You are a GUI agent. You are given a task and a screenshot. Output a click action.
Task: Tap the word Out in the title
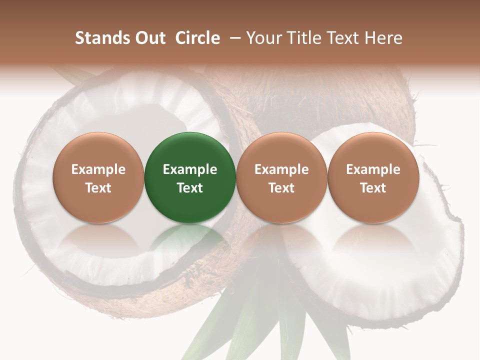pyautogui.click(x=149, y=38)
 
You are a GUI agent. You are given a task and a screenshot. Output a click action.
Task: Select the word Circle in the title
pyautogui.click(x=197, y=38)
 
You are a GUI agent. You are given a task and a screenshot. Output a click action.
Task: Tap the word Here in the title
pyautogui.click(x=384, y=38)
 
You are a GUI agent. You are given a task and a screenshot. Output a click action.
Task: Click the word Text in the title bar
pyautogui.click(x=345, y=38)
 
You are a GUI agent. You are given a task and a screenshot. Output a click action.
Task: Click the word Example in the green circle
pyautogui.click(x=190, y=169)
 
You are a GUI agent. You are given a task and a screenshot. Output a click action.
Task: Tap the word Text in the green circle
pyautogui.click(x=190, y=188)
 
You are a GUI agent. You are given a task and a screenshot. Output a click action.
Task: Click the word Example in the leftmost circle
pyautogui.click(x=98, y=169)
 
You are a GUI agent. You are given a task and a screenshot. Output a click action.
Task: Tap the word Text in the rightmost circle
pyautogui.click(x=373, y=188)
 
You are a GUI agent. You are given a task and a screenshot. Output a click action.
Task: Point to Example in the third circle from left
pyautogui.click(x=281, y=169)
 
